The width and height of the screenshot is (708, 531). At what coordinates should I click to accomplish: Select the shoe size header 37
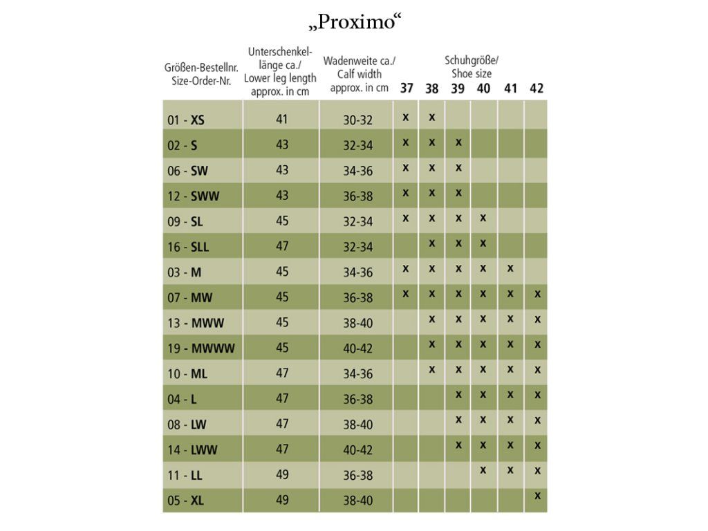click(x=406, y=88)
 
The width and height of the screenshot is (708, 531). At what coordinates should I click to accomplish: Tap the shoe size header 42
click(x=537, y=88)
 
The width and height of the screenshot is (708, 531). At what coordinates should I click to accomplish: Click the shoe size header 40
click(x=483, y=88)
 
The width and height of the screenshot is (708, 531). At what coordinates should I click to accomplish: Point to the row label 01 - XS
click(x=186, y=120)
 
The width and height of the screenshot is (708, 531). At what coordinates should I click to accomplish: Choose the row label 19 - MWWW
click(x=201, y=348)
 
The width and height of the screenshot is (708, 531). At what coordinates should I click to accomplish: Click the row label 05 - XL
click(x=186, y=501)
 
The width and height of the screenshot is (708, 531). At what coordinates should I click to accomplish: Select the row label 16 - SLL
click(x=189, y=247)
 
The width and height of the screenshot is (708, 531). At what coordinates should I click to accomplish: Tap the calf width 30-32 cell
click(x=357, y=120)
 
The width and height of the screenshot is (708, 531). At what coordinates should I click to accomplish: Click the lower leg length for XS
click(x=281, y=119)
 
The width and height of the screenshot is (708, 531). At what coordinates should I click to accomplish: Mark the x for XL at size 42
click(x=537, y=495)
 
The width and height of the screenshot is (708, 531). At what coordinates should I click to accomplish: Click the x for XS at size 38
click(x=431, y=117)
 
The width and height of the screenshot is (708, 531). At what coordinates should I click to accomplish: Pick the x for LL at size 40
click(x=483, y=469)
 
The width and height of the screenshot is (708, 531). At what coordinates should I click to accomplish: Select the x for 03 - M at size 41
click(x=510, y=268)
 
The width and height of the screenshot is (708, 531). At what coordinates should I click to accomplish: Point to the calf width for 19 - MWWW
click(x=357, y=348)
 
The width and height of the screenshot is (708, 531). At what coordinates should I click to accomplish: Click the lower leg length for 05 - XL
click(x=281, y=500)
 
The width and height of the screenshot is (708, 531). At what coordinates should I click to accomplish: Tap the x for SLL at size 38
click(x=431, y=243)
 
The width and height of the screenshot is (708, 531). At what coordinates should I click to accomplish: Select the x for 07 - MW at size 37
click(x=405, y=294)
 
